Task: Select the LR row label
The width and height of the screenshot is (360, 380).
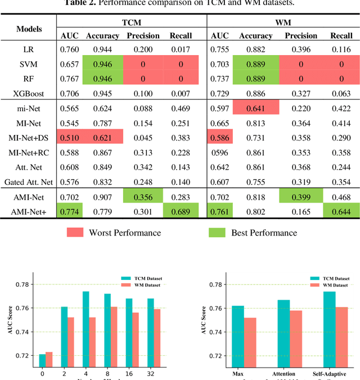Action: tap(28, 49)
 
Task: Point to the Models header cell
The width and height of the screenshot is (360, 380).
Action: tap(28, 29)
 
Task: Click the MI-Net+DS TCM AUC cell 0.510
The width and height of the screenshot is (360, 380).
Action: tap(70, 137)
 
